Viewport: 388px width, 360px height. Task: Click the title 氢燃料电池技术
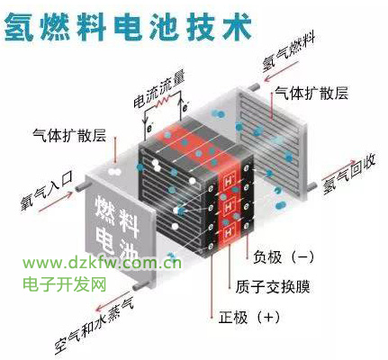click(x=128, y=27)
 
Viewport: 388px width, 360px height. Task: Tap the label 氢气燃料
click(x=288, y=52)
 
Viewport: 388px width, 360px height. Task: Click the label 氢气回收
click(x=348, y=175)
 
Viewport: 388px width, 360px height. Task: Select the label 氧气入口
click(x=46, y=191)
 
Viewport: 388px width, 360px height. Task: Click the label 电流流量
click(x=159, y=89)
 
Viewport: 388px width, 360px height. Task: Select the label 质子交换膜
click(x=272, y=286)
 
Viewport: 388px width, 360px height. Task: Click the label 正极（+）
click(x=248, y=317)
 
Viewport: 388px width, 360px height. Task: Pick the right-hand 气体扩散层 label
click(x=311, y=93)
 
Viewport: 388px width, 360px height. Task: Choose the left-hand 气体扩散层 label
click(x=69, y=135)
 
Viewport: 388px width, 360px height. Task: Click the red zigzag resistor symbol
click(x=162, y=102)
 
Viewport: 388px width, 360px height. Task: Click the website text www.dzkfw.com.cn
click(x=102, y=263)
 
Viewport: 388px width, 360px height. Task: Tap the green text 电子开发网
click(x=65, y=283)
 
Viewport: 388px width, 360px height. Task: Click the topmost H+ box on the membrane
click(x=230, y=182)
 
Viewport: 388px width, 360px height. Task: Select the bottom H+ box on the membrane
click(x=230, y=231)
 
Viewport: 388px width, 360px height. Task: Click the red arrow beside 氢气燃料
click(x=282, y=71)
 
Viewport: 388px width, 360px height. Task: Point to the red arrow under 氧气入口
click(x=56, y=202)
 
